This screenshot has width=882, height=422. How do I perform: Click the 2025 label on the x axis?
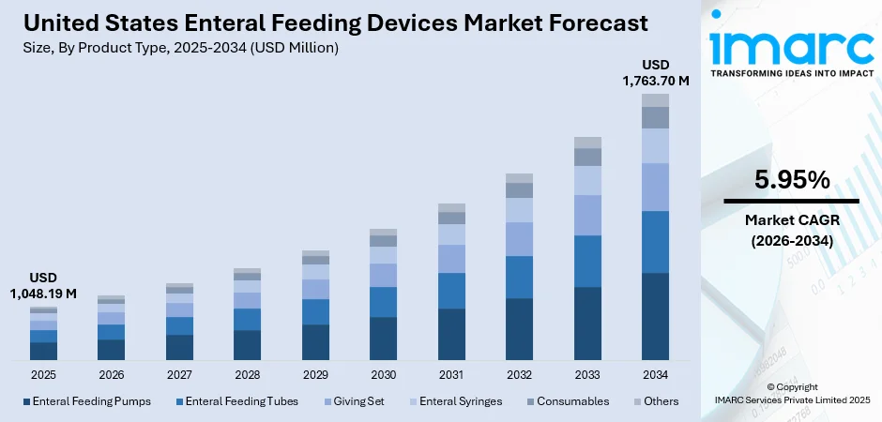coord(43,375)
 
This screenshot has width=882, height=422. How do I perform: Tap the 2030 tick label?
coord(383,375)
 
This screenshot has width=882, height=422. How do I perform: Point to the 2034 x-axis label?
coord(655,375)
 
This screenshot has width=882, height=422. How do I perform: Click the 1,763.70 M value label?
coord(655,81)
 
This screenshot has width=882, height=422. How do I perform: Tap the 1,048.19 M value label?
coord(43,294)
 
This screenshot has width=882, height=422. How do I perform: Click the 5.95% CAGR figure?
coord(791,179)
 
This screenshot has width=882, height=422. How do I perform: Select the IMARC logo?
coord(790,45)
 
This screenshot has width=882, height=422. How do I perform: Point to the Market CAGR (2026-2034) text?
coord(791,230)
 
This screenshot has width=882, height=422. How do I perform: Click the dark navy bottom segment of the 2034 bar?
coord(655,316)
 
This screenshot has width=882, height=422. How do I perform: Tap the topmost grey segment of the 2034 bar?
coord(655,100)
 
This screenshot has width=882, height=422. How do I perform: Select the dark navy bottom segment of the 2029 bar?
coord(315,342)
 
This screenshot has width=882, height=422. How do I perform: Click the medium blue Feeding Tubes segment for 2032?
coord(519,277)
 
